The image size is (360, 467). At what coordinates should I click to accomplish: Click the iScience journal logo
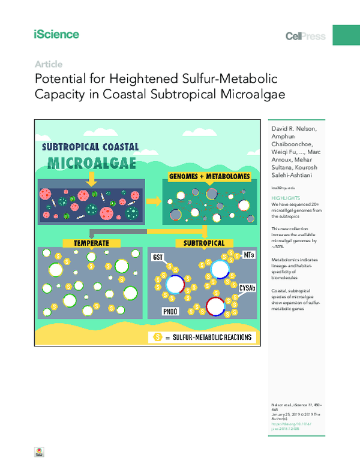56,34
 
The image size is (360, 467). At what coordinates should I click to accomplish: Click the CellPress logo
305,37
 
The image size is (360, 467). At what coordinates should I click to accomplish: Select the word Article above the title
49,64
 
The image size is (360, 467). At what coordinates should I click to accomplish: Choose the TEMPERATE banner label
91,243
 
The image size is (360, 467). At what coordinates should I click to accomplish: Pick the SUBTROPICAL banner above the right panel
200,243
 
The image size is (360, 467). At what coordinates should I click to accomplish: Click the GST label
158,257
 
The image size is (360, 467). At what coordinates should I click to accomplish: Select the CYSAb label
248,288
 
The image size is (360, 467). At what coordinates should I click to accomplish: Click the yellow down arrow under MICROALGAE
91,178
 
